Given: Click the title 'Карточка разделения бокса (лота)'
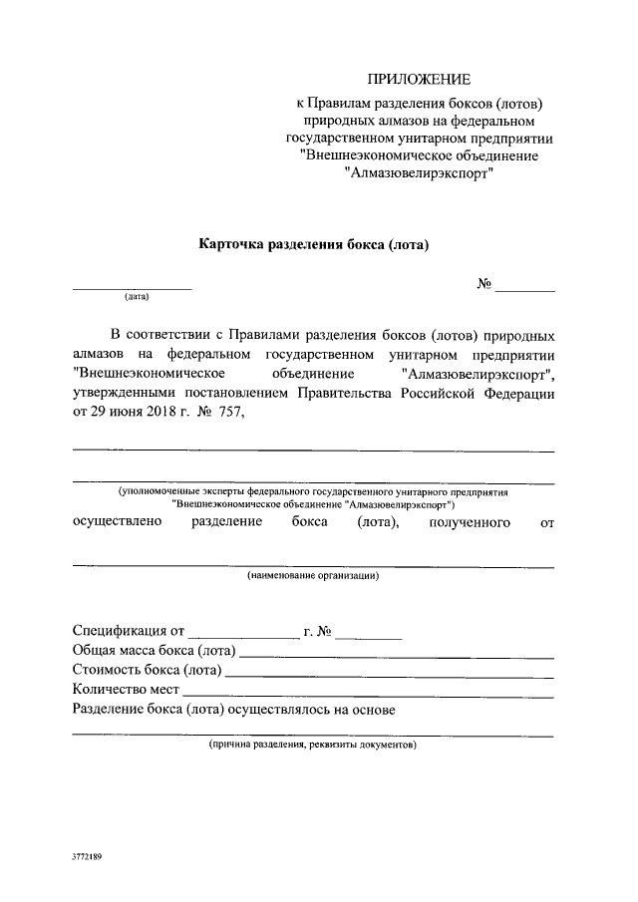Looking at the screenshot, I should pos(314,243).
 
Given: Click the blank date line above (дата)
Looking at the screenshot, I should pos(132,287).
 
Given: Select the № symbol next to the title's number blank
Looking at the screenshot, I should pos(485,283).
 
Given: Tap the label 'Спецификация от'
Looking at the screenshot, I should pos(129,631).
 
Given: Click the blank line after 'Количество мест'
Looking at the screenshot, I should pos(368,695).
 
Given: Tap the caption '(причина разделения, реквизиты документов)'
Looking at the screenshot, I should pos(313,746).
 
